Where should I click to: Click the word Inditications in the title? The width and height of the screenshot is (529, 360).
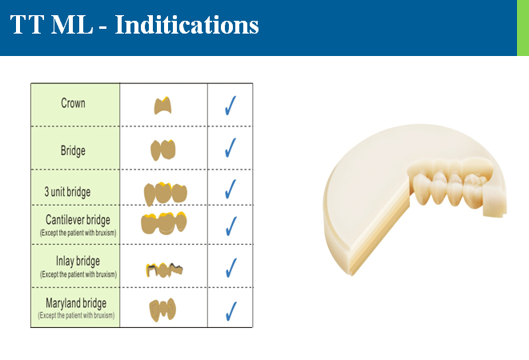[186, 25]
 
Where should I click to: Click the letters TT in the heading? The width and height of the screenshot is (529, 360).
[27, 25]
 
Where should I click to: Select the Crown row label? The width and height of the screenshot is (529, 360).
[73, 103]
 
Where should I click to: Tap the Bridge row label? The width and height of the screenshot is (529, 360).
[73, 150]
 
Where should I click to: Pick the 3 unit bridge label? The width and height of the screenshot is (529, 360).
[67, 192]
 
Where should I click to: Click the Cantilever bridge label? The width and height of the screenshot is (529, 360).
[78, 220]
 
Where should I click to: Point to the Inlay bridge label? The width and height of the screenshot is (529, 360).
[78, 261]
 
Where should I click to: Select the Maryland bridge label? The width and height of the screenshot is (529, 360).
[76, 303]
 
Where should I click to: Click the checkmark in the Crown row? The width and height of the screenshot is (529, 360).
[230, 106]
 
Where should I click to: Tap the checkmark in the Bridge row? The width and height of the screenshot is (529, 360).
[230, 147]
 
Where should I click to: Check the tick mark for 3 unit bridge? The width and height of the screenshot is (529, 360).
[230, 189]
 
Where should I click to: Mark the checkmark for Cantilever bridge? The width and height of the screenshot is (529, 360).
[230, 226]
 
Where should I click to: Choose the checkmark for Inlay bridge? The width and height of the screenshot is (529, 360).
[231, 267]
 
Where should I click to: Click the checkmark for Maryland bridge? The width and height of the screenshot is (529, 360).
[231, 311]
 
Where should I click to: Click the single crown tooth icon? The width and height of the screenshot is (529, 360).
[163, 106]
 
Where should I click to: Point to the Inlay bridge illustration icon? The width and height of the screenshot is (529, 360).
[164, 270]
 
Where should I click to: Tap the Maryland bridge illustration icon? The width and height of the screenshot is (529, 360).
[162, 310]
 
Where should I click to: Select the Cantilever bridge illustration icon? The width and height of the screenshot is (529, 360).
[164, 223]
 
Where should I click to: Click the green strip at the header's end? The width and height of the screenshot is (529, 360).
[523, 28]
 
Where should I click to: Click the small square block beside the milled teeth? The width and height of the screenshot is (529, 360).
[495, 202]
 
